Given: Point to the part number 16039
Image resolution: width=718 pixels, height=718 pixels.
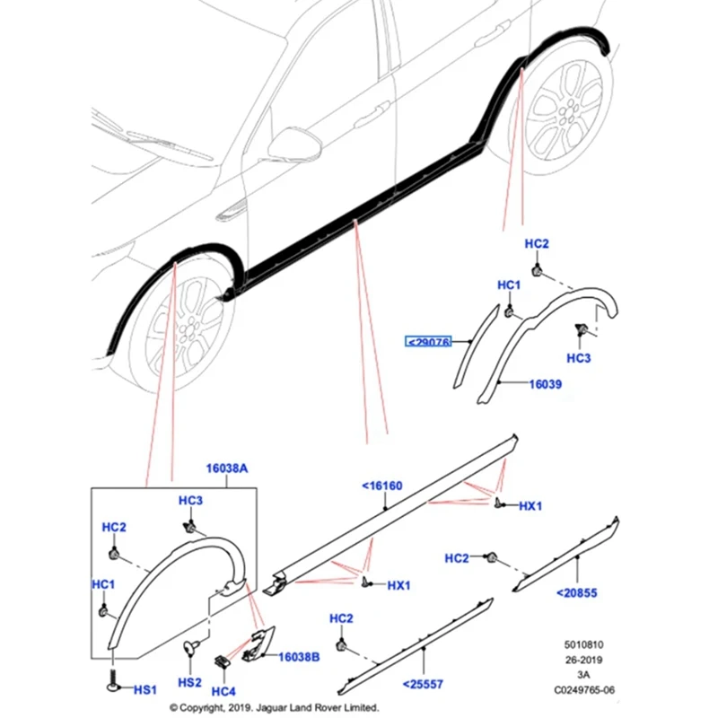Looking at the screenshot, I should (x=546, y=383).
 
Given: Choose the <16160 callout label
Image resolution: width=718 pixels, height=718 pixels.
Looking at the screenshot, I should (x=382, y=486).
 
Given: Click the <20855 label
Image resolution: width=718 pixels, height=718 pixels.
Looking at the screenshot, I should (x=576, y=592).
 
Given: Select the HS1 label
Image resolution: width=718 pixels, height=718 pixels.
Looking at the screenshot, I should (x=144, y=690).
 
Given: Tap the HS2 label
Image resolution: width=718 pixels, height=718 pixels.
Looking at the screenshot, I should (x=189, y=683).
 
